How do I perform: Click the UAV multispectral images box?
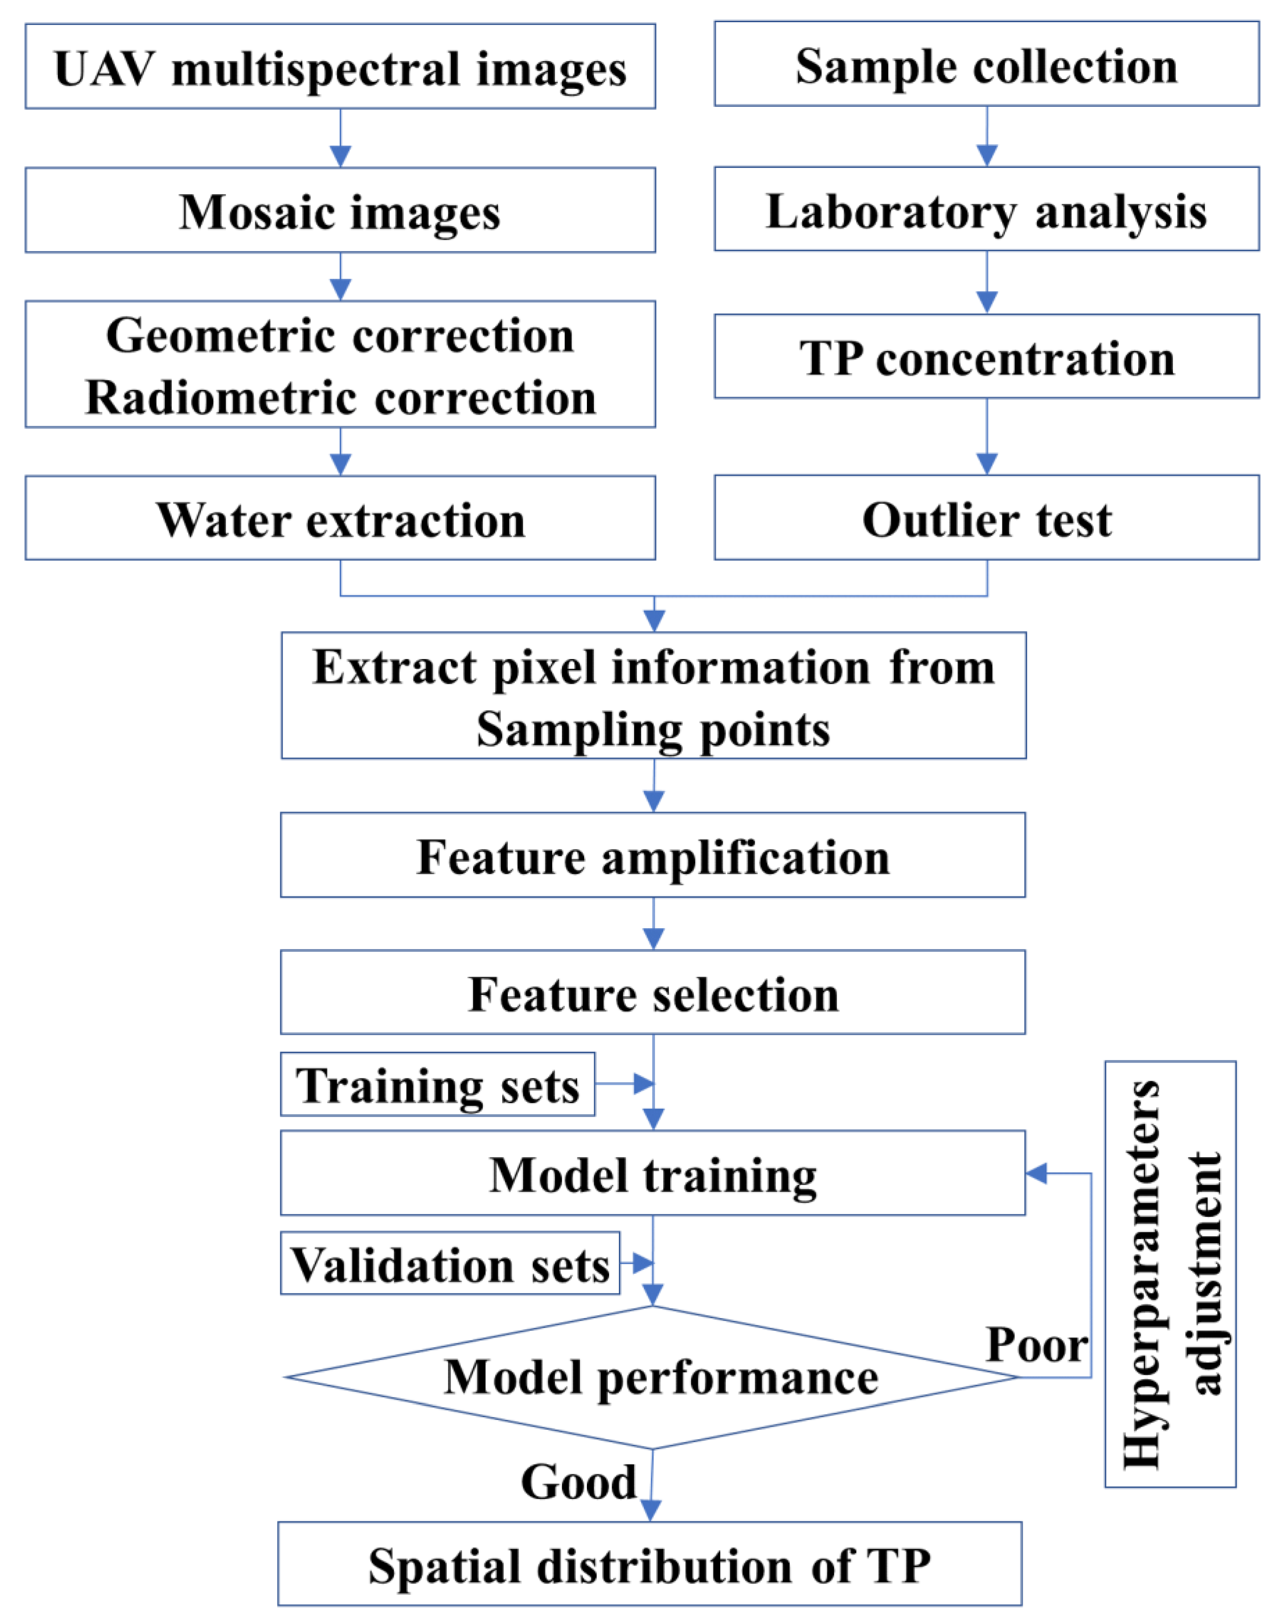[x=340, y=67]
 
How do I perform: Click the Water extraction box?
[x=340, y=520]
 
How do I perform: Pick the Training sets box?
[x=438, y=1085]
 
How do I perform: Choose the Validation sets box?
[x=450, y=1264]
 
